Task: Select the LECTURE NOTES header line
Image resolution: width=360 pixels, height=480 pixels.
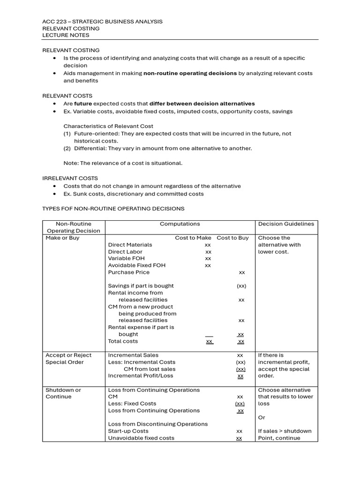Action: click(x=66, y=35)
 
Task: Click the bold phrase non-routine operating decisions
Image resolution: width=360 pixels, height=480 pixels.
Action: click(x=190, y=73)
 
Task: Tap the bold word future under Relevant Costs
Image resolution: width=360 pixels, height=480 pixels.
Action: click(x=83, y=104)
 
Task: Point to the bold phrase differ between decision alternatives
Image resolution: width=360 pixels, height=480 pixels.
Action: click(x=202, y=104)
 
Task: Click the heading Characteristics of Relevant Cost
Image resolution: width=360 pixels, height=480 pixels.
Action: click(x=108, y=126)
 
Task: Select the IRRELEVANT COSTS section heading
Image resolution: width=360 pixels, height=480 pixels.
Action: click(x=70, y=178)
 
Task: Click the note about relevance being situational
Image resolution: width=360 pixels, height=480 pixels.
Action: click(x=123, y=163)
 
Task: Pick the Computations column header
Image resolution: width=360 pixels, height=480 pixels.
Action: click(x=180, y=224)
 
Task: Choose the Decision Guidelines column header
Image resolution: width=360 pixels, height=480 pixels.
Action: click(x=286, y=224)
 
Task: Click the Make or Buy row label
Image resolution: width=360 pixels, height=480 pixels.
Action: click(x=62, y=238)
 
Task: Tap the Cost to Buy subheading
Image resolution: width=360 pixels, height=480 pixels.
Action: click(x=232, y=238)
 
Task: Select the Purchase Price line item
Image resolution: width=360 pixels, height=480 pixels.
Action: click(x=129, y=272)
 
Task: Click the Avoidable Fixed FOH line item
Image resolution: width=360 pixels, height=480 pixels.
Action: click(x=136, y=265)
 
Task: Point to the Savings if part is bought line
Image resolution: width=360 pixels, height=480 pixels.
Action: click(x=141, y=286)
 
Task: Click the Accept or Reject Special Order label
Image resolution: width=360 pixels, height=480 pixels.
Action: click(x=68, y=359)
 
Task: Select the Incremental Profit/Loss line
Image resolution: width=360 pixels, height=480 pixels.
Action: click(x=141, y=375)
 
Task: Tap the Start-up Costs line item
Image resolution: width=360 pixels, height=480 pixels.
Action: click(x=128, y=431)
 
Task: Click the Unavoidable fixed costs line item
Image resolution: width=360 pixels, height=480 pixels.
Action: click(x=141, y=438)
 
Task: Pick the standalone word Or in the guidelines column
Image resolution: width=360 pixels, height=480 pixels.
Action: click(x=262, y=417)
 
